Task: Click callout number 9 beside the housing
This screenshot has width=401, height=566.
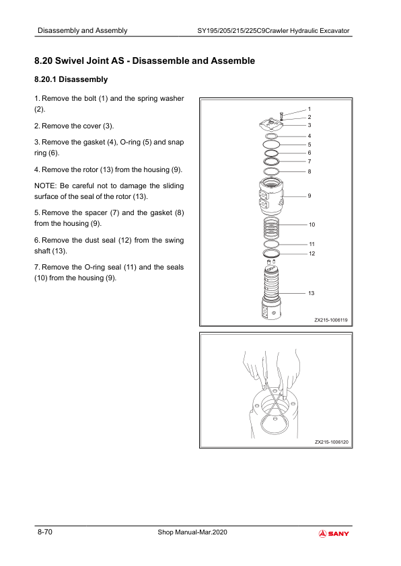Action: pyautogui.click(x=309, y=196)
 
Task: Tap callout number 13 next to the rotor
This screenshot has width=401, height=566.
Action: pyautogui.click(x=311, y=293)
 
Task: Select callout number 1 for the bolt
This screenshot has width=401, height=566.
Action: pyautogui.click(x=309, y=109)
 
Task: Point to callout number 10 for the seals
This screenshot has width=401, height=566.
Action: pyautogui.click(x=312, y=225)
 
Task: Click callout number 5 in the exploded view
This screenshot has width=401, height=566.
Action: pyautogui.click(x=309, y=145)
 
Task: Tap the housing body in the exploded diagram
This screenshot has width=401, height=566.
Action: pyautogui.click(x=271, y=196)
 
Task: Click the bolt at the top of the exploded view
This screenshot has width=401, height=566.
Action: pyautogui.click(x=281, y=115)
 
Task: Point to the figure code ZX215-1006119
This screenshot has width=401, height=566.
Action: pyautogui.click(x=330, y=320)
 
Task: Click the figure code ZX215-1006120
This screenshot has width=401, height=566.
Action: pyautogui.click(x=331, y=442)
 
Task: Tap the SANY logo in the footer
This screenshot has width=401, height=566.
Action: pyautogui.click(x=334, y=534)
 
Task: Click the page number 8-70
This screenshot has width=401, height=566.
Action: pyautogui.click(x=45, y=532)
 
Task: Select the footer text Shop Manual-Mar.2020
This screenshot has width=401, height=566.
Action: pyautogui.click(x=192, y=532)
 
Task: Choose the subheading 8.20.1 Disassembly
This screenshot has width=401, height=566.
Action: pyautogui.click(x=71, y=79)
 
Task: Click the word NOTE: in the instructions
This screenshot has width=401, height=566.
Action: pyautogui.click(x=46, y=186)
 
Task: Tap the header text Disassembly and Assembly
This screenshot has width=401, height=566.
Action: pyautogui.click(x=82, y=31)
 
